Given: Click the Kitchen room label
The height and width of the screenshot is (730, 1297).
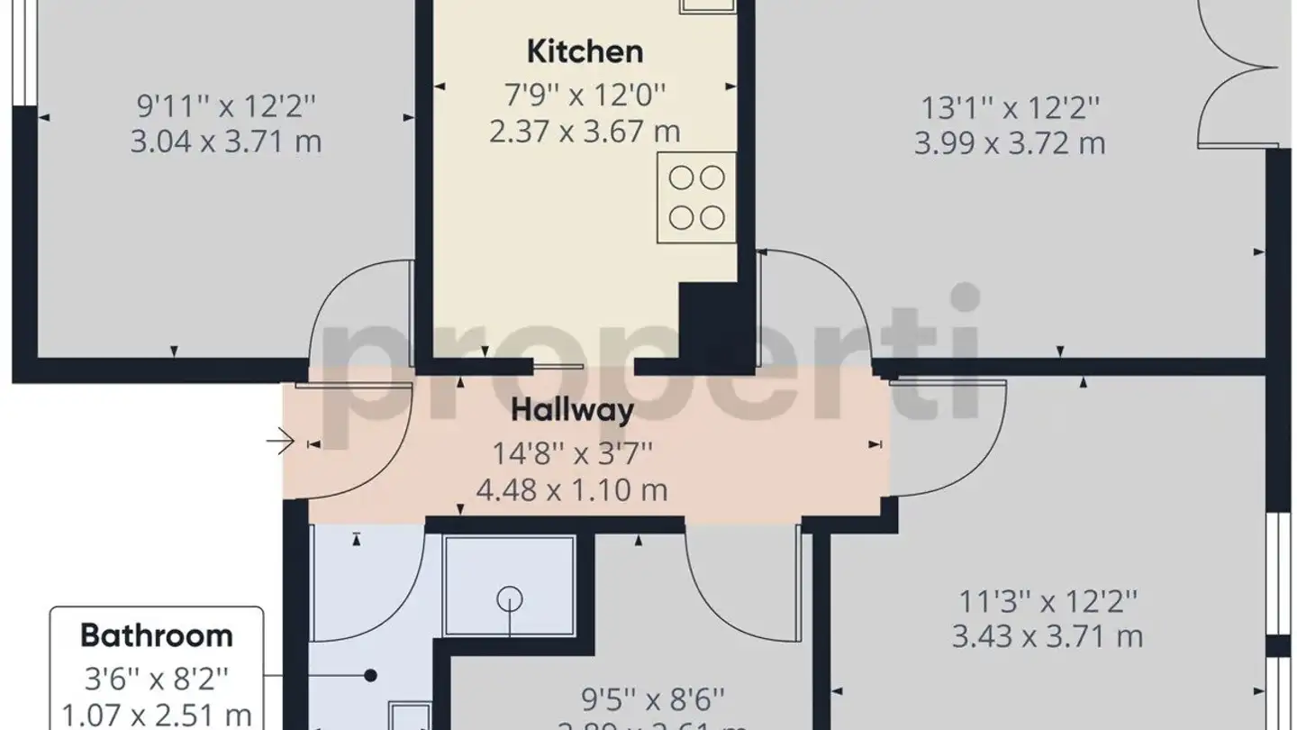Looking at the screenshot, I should coord(585,51).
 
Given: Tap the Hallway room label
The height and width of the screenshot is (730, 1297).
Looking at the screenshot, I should coord(572,411).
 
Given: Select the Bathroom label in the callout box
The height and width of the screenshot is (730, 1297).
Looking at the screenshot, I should coord(157,635).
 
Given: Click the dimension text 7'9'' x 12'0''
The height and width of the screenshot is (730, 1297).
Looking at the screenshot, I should coord(585,92).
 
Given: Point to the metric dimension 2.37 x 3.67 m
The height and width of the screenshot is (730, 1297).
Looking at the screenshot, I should coord(585,132).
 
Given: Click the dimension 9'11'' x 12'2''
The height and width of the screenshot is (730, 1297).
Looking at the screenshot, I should coord(226,106).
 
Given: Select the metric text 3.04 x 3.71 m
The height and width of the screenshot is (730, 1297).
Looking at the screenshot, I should coord(226,142).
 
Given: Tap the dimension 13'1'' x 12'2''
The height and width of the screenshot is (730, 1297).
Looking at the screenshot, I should coord(1010,108).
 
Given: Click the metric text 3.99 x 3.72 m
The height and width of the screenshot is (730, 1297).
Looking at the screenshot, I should coord(1010,144).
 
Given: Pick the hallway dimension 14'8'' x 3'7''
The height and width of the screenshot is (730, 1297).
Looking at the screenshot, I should coord(572,452).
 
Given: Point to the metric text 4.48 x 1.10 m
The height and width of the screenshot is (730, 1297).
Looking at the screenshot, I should coord(572,490).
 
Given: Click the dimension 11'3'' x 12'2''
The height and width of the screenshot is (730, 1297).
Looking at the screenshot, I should coord(1048,600).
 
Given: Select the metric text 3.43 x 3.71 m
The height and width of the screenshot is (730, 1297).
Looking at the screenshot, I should coord(1048,637).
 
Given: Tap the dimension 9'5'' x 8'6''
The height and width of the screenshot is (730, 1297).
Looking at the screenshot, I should coord(653,698).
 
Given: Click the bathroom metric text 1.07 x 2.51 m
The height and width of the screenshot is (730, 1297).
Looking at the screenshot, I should coord(157,716).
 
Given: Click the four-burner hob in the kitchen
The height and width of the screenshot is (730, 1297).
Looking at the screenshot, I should coord(697,197).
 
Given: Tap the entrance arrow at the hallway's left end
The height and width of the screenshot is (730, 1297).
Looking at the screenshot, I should coord(280,443).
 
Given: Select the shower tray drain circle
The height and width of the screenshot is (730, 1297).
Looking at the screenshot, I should coord(511,598).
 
